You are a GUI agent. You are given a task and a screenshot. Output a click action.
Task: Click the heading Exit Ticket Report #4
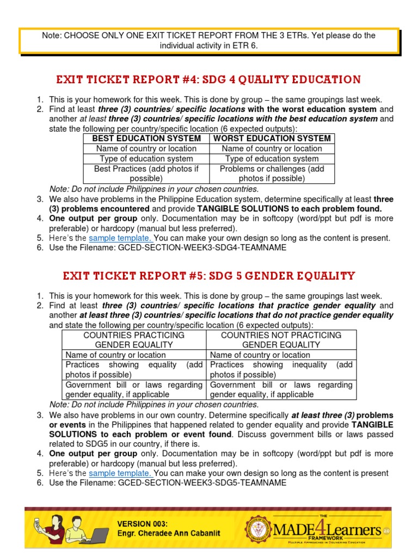[208, 80]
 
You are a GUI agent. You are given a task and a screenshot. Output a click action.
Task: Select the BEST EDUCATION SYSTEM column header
[146, 139]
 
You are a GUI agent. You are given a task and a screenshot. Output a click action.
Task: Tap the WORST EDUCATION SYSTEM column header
[272, 139]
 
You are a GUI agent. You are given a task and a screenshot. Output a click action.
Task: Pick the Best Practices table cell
[146, 174]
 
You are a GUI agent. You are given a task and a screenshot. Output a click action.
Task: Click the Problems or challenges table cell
[272, 174]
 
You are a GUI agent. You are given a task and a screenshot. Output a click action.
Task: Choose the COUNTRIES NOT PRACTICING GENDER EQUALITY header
[281, 340]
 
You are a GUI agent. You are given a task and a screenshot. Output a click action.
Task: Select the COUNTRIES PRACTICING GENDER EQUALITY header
[134, 340]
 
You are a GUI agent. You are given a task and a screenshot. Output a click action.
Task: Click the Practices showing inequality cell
[281, 370]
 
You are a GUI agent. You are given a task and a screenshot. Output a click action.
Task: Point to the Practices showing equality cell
[134, 370]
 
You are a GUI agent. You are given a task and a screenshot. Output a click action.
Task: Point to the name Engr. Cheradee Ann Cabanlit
[169, 534]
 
